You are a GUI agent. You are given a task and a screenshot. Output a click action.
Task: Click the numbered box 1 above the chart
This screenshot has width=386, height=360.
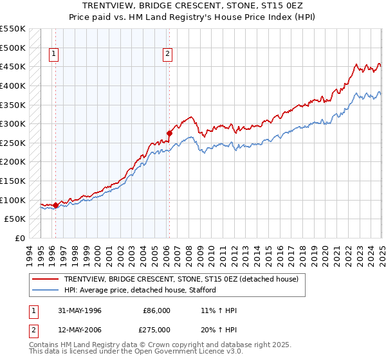tap(53, 55)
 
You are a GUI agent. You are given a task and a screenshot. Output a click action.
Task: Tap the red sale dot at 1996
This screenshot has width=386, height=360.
tap(55, 206)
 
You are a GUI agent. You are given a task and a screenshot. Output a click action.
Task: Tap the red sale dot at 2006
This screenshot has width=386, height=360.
tap(169, 134)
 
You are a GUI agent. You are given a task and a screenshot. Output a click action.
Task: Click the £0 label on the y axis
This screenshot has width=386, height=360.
tap(19, 238)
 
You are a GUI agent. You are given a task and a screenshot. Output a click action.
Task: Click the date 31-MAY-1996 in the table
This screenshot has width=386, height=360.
tap(78, 310)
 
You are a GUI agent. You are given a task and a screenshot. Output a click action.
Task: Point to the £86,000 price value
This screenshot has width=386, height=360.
tap(156, 310)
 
